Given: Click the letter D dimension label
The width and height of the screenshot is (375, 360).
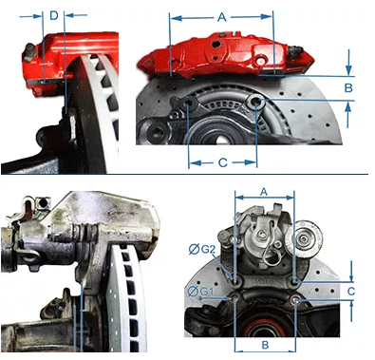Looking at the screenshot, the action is click(x=54, y=15).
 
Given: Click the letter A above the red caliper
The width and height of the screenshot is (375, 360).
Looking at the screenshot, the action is click(x=222, y=17).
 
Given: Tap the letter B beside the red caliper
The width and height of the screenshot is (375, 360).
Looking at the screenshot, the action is click(x=348, y=87).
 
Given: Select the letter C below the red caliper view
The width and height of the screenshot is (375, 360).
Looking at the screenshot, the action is click(x=223, y=162).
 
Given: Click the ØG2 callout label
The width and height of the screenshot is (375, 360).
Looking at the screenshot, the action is click(x=202, y=250).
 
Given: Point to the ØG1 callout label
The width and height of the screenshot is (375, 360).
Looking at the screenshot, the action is click(x=200, y=291).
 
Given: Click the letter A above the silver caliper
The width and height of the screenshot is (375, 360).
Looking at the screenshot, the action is click(x=264, y=191).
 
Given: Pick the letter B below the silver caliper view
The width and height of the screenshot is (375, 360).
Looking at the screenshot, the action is click(x=265, y=345).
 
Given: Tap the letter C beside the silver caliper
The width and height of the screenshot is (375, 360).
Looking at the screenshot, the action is click(x=351, y=292).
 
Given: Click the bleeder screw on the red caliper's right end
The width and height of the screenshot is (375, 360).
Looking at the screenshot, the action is click(x=295, y=49).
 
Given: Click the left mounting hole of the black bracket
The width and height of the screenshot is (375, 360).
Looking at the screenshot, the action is click(x=188, y=103).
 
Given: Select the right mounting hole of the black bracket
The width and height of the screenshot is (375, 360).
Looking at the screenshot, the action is click(x=255, y=102).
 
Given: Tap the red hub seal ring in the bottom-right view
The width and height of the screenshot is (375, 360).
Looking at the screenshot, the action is click(x=262, y=327).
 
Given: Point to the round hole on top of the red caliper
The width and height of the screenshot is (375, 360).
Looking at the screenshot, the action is click(x=216, y=44).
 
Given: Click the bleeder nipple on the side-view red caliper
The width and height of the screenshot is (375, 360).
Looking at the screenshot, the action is click(x=29, y=50).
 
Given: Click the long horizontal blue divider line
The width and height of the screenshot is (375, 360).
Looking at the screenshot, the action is click(x=184, y=174).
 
